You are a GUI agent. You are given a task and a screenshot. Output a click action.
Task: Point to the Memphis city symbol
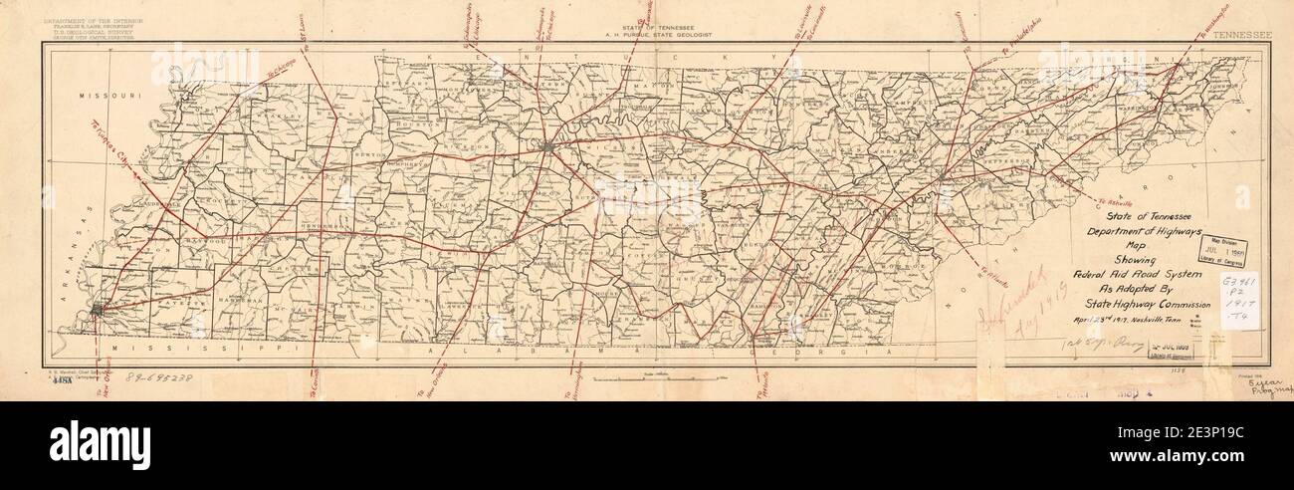point(96,312)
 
